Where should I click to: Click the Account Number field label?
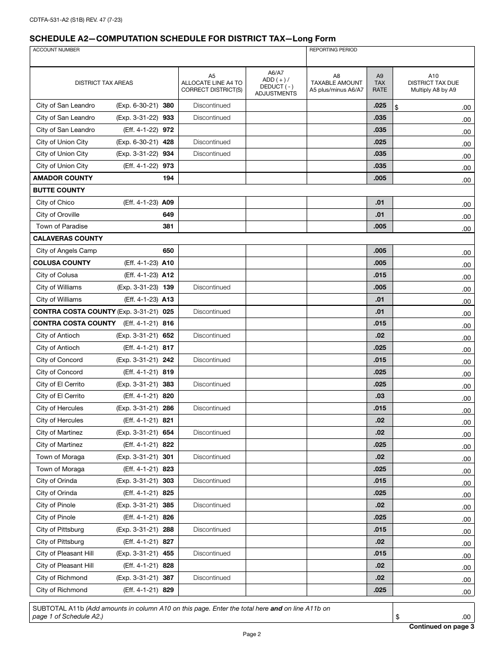click(56, 50)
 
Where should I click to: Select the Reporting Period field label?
click(333, 50)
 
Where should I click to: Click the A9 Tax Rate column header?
click(379, 83)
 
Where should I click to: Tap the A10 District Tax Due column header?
click(433, 83)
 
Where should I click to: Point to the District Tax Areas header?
click(104, 83)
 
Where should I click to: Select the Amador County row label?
click(63, 178)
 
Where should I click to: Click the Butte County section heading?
click(59, 190)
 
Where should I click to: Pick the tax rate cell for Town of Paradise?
click(379, 226)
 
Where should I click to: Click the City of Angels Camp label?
click(66, 251)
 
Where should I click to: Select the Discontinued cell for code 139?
click(212, 287)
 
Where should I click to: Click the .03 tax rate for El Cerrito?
click(379, 396)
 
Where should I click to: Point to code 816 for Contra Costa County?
click(168, 323)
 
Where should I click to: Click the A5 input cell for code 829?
click(212, 590)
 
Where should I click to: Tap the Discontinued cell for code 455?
click(212, 553)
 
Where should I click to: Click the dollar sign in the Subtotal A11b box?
click(397, 617)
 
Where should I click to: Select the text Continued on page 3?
click(441, 627)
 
